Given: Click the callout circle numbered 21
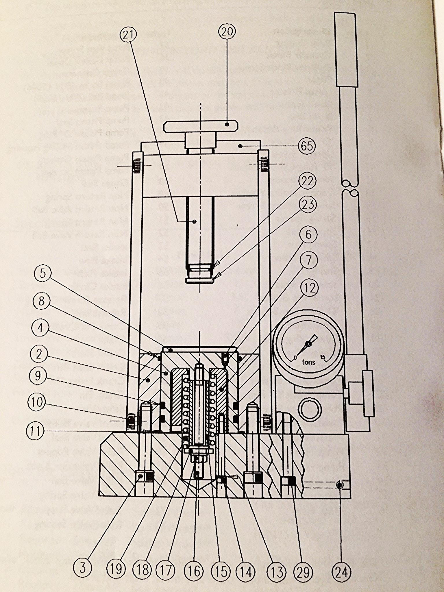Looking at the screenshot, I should click(128, 34).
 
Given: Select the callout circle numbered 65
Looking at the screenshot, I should click(307, 146).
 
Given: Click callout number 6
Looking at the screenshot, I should click(308, 234).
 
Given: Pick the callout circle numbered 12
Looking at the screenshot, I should click(310, 288).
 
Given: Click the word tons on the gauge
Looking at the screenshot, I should click(309, 362).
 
